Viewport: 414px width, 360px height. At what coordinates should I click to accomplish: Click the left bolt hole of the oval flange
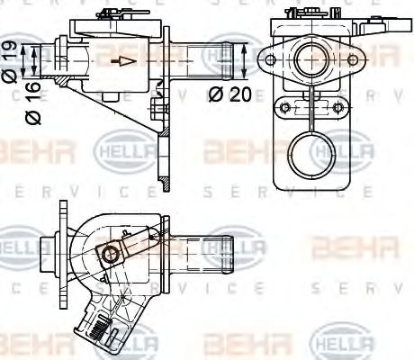tap(267, 61)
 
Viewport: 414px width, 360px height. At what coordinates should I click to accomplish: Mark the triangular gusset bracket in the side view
tap(135, 112)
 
